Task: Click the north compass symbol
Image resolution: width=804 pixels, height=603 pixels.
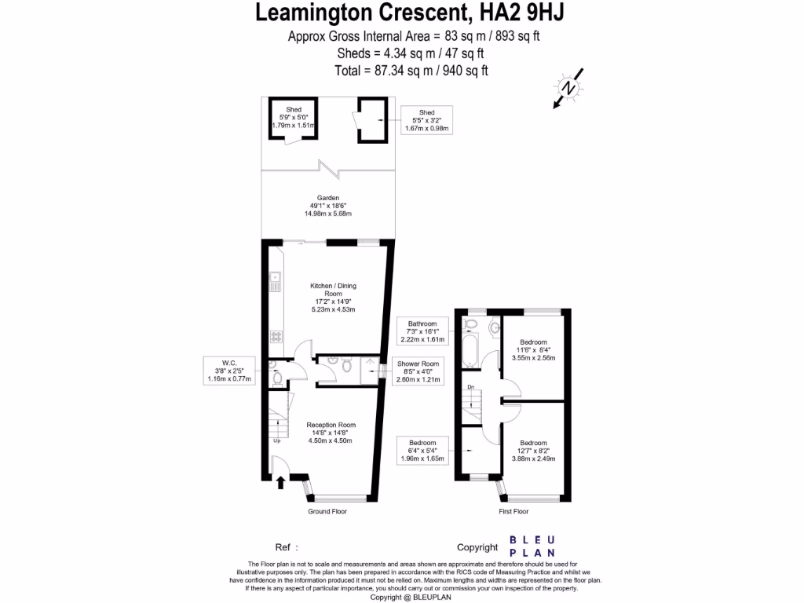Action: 569,88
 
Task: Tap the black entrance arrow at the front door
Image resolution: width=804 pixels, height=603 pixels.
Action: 280,483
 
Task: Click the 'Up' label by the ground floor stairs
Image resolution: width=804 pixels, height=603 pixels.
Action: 276,440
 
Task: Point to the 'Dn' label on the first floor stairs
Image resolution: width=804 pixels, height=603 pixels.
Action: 470,387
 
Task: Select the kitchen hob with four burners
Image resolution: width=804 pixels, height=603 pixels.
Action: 276,337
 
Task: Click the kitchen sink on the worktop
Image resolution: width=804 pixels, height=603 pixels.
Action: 276,281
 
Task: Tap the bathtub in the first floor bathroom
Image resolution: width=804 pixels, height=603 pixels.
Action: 470,351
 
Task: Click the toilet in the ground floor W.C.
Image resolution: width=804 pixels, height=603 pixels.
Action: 276,378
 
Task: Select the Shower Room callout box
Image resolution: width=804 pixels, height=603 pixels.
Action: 421,371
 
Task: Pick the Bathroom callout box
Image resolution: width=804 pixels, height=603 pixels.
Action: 422,331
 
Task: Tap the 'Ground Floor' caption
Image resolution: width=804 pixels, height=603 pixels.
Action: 327,511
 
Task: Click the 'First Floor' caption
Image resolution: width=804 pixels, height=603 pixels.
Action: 514,511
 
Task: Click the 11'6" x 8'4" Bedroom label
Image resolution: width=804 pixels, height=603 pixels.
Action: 535,350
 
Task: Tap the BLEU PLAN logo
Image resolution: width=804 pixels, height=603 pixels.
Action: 533,546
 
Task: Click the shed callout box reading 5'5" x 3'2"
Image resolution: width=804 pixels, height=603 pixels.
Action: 426,120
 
